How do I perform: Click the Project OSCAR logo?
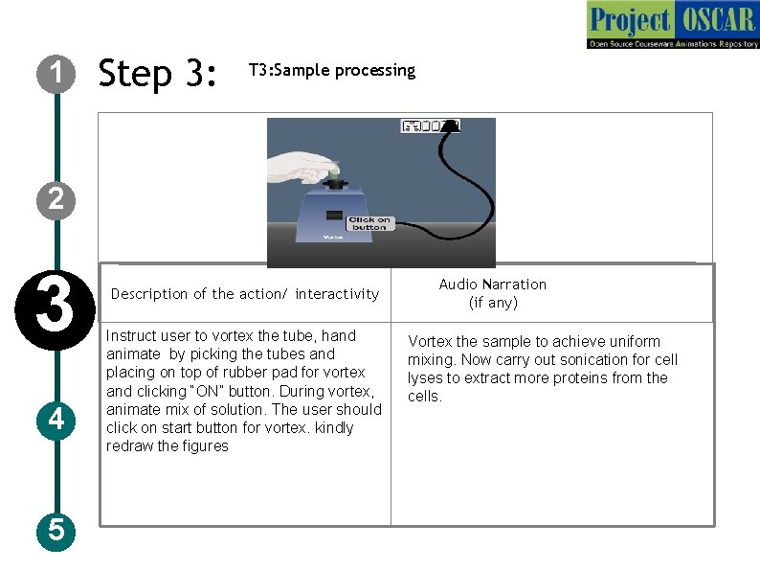tap(672, 25)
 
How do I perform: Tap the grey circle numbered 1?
tap(57, 73)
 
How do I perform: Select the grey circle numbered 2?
tap(57, 198)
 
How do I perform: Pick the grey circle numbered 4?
tap(57, 420)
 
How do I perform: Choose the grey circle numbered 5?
tap(57, 530)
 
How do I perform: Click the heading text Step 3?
tap(159, 73)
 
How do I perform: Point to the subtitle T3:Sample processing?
tap(331, 70)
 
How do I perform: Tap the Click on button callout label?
tap(369, 222)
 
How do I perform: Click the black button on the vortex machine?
tap(334, 216)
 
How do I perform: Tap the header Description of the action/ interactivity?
tap(245, 294)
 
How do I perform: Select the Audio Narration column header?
tap(492, 293)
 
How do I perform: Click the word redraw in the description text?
tap(127, 446)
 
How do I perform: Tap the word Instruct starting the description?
tap(130, 336)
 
